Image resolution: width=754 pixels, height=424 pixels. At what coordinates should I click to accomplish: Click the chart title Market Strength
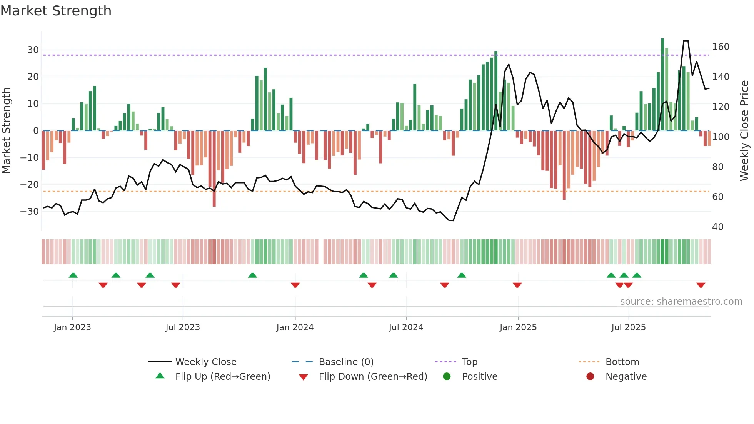pyautogui.click(x=56, y=11)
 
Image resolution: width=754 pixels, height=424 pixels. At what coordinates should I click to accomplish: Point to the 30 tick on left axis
pyautogui.click(x=33, y=50)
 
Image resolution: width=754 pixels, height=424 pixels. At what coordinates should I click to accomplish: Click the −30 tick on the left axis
pyautogui.click(x=30, y=212)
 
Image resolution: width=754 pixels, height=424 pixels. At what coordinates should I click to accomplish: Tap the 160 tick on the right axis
pyautogui.click(x=721, y=47)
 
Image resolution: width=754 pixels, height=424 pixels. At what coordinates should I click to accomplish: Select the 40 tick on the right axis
pyautogui.click(x=717, y=227)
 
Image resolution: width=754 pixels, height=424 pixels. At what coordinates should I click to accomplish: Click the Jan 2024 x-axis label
pyautogui.click(x=295, y=327)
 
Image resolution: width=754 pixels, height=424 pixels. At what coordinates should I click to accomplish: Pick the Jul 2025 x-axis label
pyautogui.click(x=628, y=327)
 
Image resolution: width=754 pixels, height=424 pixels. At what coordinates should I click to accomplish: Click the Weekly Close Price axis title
pyautogui.click(x=744, y=131)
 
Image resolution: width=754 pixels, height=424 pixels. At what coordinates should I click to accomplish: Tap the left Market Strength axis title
pyautogui.click(x=6, y=131)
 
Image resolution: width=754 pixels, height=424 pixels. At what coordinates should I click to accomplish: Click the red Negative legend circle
pyautogui.click(x=590, y=377)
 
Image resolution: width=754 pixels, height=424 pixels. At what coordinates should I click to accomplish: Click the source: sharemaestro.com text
pyautogui.click(x=681, y=302)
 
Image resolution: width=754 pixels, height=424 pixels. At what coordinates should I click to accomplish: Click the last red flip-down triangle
pyautogui.click(x=701, y=285)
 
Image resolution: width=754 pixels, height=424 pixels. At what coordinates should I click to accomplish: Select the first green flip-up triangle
pyautogui.click(x=73, y=275)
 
